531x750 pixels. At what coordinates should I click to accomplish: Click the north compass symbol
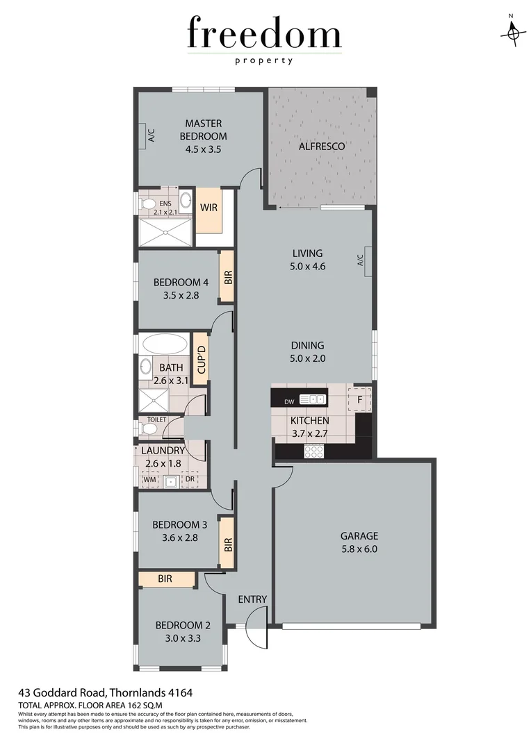click(x=512, y=31)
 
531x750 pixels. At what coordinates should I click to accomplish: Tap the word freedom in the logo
click(x=264, y=35)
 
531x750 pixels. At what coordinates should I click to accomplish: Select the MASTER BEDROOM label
click(x=203, y=130)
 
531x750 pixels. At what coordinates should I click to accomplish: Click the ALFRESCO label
click(x=322, y=147)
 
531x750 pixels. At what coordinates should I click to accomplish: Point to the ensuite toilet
click(x=147, y=203)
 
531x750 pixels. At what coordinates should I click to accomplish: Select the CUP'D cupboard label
click(x=201, y=359)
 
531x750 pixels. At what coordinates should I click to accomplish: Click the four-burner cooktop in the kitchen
click(x=314, y=451)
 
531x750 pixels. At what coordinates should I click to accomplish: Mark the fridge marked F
click(x=359, y=399)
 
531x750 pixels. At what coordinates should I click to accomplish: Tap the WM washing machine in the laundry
click(x=149, y=479)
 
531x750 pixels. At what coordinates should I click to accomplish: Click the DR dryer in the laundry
click(x=189, y=479)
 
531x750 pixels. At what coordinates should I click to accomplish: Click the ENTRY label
click(x=252, y=599)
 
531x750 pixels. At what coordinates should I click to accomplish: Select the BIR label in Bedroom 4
click(x=227, y=276)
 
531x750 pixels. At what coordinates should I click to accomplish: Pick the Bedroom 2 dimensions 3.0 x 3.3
click(x=178, y=637)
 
